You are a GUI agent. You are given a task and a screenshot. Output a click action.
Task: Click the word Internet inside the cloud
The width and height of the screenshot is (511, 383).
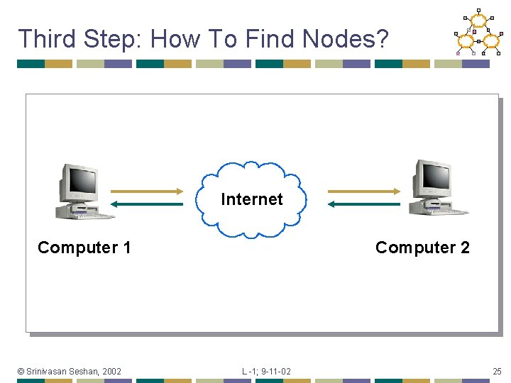coord(251,199)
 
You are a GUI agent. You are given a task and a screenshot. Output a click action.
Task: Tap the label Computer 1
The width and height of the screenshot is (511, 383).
coord(84,248)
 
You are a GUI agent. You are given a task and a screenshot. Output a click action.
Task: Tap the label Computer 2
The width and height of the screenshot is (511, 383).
coord(422,248)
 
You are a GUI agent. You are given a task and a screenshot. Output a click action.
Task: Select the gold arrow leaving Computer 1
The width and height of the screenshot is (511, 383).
coord(147,191)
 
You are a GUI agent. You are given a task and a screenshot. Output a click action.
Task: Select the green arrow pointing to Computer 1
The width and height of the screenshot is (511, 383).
coord(147,204)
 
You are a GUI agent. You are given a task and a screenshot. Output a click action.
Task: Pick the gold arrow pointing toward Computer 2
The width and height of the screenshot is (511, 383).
coord(364,191)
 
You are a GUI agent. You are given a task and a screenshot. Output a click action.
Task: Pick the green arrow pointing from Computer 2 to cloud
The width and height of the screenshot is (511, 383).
coord(364,204)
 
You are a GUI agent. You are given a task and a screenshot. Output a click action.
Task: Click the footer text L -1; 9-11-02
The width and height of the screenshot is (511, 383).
coord(266,371)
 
